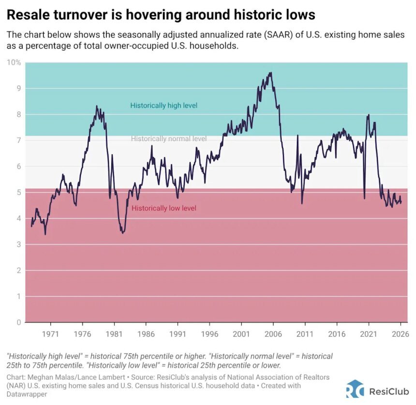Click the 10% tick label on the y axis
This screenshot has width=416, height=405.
pyautogui.click(x=14, y=62)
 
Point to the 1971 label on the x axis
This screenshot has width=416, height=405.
pyautogui.click(x=51, y=334)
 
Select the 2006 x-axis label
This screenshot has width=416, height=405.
pyautogui.click(x=273, y=334)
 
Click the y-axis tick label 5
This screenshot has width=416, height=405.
pyautogui.click(x=18, y=193)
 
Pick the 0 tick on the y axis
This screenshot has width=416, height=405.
pyautogui.click(x=18, y=322)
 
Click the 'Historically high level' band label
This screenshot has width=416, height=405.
pyautogui.click(x=164, y=105)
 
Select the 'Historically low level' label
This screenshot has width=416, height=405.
pyautogui.click(x=164, y=208)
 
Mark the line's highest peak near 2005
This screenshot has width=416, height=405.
pyautogui.click(x=270, y=73)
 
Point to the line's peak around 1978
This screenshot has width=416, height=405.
pyautogui.click(x=97, y=106)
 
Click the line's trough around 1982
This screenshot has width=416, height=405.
pyautogui.click(x=123, y=233)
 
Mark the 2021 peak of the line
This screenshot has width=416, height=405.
pyautogui.click(x=369, y=115)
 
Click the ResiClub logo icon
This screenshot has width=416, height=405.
pyautogui.click(x=355, y=389)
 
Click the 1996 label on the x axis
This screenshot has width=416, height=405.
pyautogui.click(x=209, y=334)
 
